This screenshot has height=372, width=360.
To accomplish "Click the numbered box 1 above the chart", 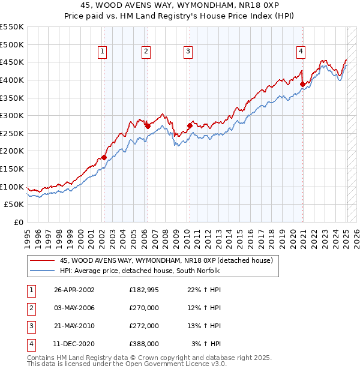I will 103,52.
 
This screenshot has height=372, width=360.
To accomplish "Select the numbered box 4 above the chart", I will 300,52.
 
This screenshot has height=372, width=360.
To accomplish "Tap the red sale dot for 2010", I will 190,125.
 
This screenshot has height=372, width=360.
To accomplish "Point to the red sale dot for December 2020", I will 302,84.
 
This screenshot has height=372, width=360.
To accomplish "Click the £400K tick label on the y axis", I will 12,80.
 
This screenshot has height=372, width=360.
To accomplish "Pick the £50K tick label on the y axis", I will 14,205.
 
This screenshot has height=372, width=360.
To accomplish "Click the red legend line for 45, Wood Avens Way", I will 42,260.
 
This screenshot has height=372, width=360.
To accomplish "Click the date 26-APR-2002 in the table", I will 74,290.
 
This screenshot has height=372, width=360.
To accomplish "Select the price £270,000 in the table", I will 144,308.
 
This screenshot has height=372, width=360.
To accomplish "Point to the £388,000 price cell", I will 144,344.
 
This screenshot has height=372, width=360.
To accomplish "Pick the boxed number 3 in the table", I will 30,326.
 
